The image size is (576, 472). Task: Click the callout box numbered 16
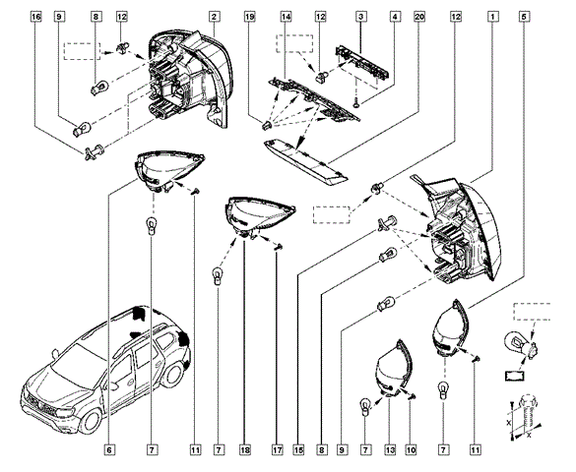coord(36,18)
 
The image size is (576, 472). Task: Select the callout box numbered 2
coord(215,18)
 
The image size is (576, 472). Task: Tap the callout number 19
coord(249,18)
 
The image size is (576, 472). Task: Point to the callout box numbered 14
coord(286,18)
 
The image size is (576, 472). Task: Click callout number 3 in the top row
coord(361,18)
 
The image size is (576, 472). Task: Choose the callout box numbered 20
coord(420,18)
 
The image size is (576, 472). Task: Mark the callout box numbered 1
coord(491,18)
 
